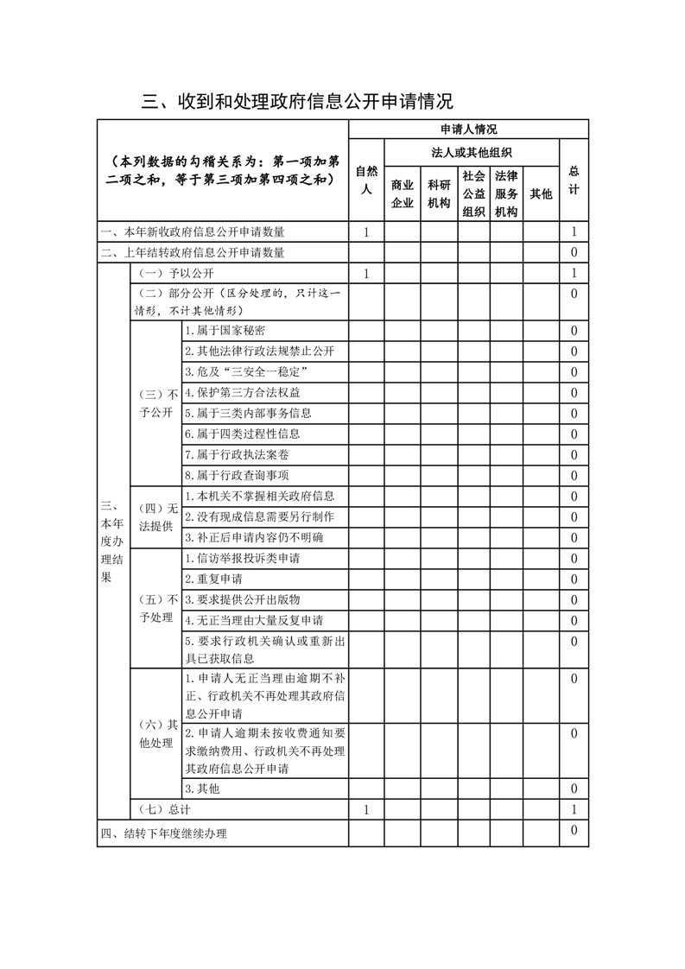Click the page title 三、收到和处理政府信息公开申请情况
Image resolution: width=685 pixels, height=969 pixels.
coord(297,102)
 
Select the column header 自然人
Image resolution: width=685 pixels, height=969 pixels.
coord(366,181)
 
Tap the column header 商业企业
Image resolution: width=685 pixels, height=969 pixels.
coord(403,194)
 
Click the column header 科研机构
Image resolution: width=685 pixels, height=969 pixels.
coord(439,194)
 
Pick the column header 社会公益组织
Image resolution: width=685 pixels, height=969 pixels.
coord(473,194)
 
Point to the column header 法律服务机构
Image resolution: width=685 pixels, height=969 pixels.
coord(506,194)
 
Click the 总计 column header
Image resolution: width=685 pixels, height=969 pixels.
coord(574,181)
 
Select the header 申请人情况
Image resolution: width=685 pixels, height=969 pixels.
coord(468,130)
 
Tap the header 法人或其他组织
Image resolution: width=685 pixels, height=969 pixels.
coord(472,152)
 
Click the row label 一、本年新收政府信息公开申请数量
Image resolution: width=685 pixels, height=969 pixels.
coord(193,232)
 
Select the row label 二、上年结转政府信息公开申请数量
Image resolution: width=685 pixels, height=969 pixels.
coord(193,253)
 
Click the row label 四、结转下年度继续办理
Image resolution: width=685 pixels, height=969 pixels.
coord(163,834)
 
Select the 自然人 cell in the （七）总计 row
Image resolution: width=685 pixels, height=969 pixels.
coord(366,810)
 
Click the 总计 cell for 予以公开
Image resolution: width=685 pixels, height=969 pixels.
coord(574,274)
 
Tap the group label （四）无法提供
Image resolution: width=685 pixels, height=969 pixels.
coord(155,516)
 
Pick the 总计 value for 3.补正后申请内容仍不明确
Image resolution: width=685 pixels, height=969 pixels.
coord(574,538)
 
